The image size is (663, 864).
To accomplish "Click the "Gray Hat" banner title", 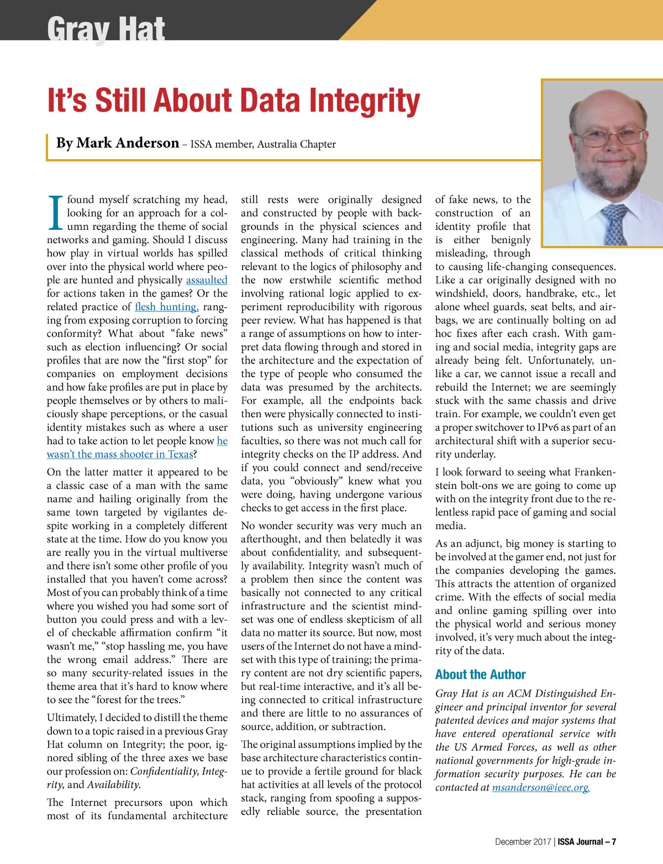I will [x=106, y=28].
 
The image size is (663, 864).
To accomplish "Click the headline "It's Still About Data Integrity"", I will [x=234, y=101].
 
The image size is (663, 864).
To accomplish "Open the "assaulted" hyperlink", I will [x=207, y=280].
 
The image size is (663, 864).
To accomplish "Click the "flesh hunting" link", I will [x=166, y=307].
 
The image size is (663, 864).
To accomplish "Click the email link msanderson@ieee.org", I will [x=541, y=788].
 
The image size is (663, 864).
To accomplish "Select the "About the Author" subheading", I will [x=480, y=675].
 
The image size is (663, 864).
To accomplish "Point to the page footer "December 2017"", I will [x=523, y=842].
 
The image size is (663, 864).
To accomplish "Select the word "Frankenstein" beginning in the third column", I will [x=594, y=472].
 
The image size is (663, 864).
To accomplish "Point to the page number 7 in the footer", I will [x=613, y=842].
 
